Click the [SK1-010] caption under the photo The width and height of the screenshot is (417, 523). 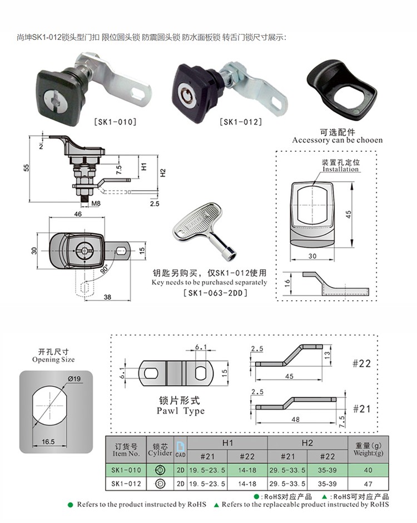point(115,122)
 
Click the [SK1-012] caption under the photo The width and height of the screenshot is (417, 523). point(240,122)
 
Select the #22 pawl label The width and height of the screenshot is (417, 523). point(362,363)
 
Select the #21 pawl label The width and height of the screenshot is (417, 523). point(362,409)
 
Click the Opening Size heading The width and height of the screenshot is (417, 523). point(53,360)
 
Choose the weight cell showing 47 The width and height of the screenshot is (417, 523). point(368,484)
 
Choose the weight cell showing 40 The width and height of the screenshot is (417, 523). point(368,470)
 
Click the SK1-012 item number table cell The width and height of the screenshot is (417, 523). point(126,484)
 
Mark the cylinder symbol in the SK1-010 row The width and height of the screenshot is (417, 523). point(160,470)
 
